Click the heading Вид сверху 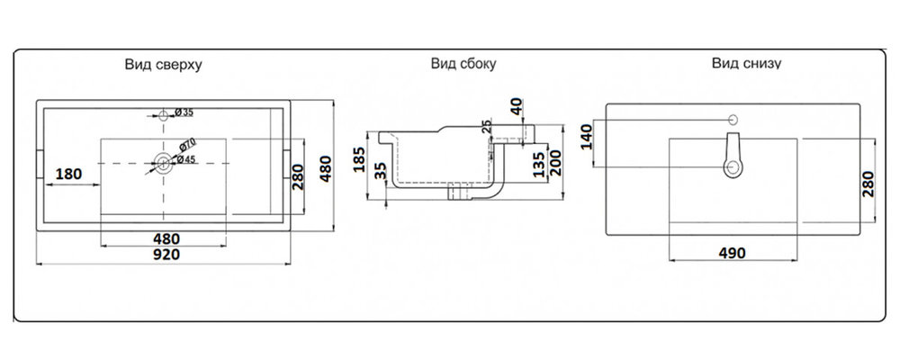click(x=163, y=66)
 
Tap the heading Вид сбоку click(x=463, y=65)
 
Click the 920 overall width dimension click(x=166, y=255)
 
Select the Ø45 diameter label click(x=185, y=159)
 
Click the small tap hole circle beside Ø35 click(x=164, y=115)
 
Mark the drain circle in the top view click(x=163, y=163)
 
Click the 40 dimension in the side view click(x=516, y=108)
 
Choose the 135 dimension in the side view click(x=536, y=166)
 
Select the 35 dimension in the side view click(x=381, y=172)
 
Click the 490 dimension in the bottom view click(x=732, y=254)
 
